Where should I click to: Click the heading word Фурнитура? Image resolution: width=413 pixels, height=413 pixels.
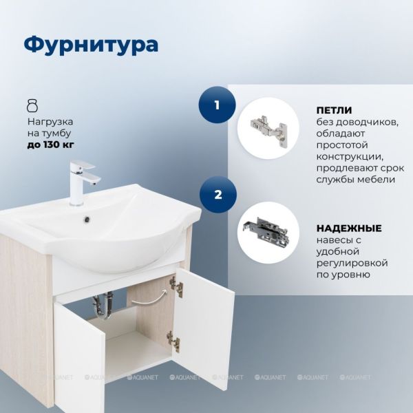tap(91, 45)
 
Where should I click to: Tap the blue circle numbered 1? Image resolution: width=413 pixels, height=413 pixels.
tap(217, 105)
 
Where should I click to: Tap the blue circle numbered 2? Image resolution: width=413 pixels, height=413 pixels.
tap(218, 195)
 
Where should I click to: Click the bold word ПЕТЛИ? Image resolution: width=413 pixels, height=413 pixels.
tap(334, 110)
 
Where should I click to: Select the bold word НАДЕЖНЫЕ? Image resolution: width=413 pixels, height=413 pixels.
tap(349, 228)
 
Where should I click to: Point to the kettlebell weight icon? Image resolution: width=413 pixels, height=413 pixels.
tap(32, 105)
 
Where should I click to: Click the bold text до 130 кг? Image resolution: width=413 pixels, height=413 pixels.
tap(50, 145)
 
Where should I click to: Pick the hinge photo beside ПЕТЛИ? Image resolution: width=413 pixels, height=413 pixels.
tap(268, 128)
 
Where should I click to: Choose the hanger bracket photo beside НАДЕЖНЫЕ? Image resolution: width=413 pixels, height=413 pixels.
tap(268, 233)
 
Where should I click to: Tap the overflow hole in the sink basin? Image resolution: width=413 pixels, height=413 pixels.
tap(87, 218)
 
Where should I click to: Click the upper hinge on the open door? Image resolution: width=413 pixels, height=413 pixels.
tap(176, 286)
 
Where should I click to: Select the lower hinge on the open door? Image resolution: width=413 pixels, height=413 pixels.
tap(173, 341)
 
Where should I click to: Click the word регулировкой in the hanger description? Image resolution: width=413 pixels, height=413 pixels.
tap(352, 263)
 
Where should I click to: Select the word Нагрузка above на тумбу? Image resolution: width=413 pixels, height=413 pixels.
tap(50, 122)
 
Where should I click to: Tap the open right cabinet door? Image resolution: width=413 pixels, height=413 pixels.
tap(203, 325)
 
